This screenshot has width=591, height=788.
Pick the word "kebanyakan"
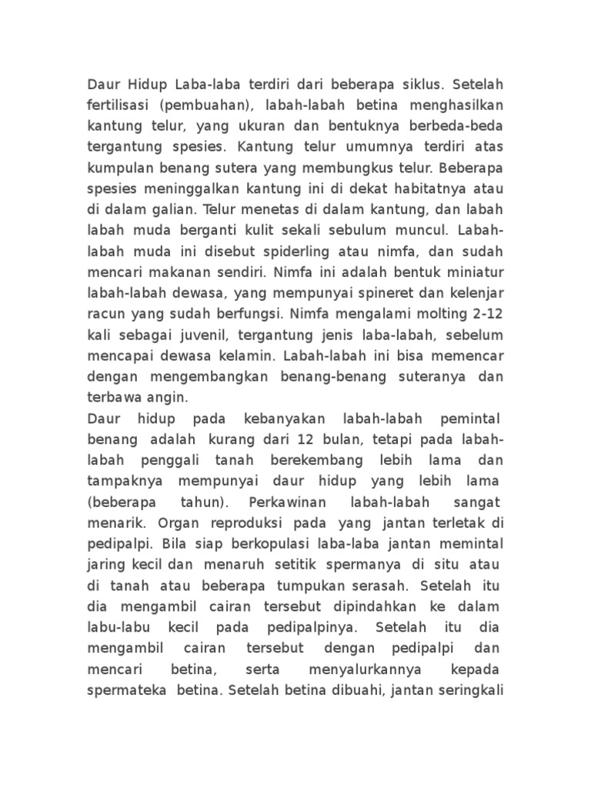(x=279, y=419)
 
